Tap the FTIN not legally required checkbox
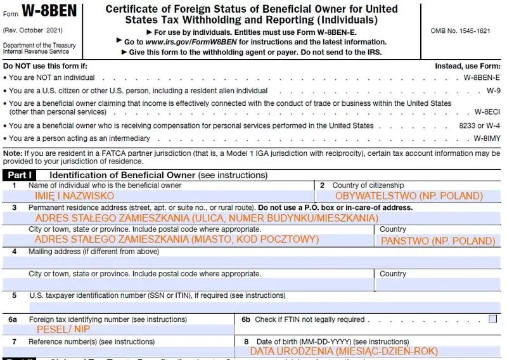(492, 319)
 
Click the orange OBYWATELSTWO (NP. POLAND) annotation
(409, 196)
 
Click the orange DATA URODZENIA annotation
(343, 351)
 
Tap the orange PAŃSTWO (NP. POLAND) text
(438, 240)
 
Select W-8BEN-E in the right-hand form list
(482, 77)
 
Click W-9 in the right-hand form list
(493, 91)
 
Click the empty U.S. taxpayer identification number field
(253, 307)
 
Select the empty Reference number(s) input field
(120, 351)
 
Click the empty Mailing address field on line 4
(253, 262)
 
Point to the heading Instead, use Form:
(467, 66)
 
